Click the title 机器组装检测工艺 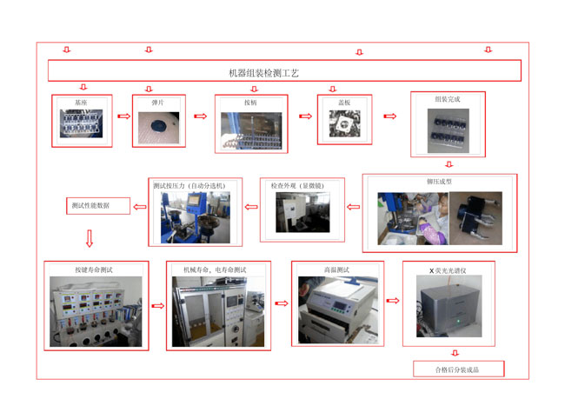(x=263, y=73)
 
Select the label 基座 (x=81, y=102)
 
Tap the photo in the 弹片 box (x=158, y=125)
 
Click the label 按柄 (x=251, y=102)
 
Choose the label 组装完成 (x=448, y=100)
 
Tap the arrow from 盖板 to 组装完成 (x=390, y=116)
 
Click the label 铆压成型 (x=440, y=183)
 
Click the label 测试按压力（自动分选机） (x=189, y=186)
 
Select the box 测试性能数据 (x=96, y=206)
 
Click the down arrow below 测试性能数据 (x=89, y=237)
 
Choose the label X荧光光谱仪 (x=449, y=270)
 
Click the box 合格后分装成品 (x=458, y=369)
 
